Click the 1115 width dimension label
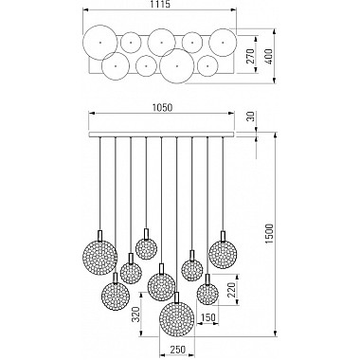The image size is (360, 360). (160, 5)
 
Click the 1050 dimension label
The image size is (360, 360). (162, 108)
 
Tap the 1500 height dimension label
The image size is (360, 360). (269, 234)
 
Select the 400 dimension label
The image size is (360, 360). (269, 56)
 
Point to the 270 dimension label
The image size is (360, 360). (250, 56)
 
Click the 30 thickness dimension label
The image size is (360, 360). (250, 117)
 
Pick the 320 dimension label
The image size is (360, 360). (135, 315)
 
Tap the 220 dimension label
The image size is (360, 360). (231, 289)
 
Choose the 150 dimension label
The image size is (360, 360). (207, 317)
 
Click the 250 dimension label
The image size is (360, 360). (177, 350)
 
